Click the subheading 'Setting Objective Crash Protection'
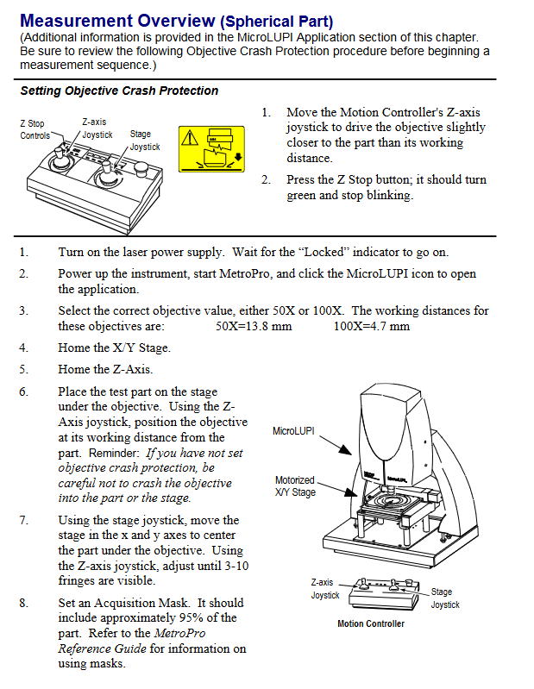click(x=119, y=91)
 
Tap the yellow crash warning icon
click(x=210, y=147)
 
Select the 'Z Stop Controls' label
click(x=35, y=130)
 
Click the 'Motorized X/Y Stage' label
click(x=295, y=486)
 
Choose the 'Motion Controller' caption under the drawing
click(x=370, y=623)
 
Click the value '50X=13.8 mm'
click(x=254, y=326)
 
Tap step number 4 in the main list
click(x=24, y=348)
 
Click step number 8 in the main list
click(x=24, y=603)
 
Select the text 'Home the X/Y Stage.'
click(x=114, y=348)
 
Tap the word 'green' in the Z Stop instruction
click(x=303, y=196)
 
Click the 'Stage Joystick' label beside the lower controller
click(x=445, y=598)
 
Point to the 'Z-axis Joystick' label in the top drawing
click(x=97, y=128)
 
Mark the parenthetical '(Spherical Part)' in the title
click(x=278, y=22)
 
